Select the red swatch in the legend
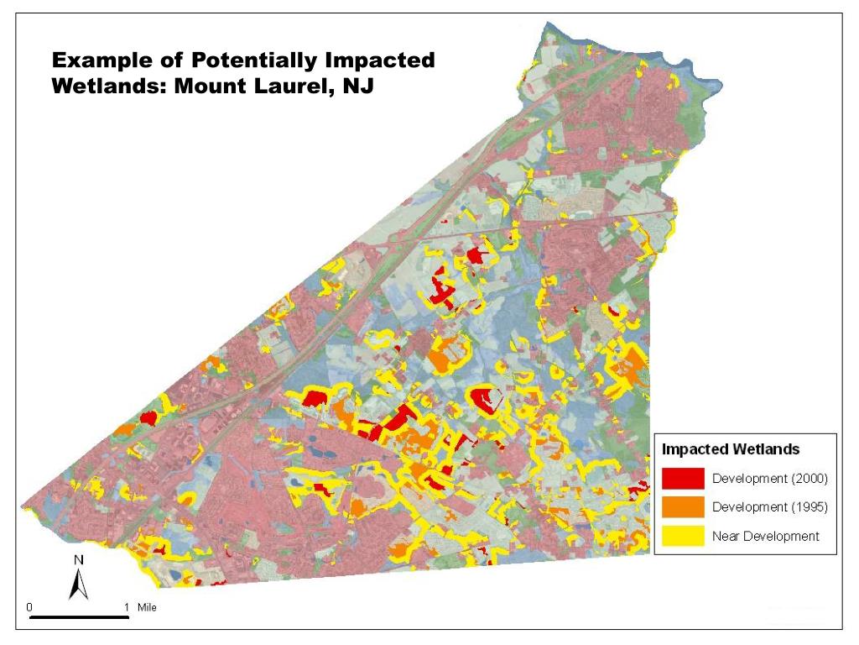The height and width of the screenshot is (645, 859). (x=683, y=479)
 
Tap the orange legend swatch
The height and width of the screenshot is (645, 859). (x=683, y=507)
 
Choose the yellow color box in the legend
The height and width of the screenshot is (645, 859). (x=683, y=536)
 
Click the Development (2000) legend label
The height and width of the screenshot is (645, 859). (x=769, y=480)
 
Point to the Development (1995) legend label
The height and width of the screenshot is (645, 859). (x=769, y=507)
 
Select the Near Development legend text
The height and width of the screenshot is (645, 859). (x=765, y=536)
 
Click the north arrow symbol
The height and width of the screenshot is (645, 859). (x=79, y=584)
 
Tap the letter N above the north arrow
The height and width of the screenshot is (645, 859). (x=79, y=559)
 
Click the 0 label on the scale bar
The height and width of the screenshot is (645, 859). (x=30, y=606)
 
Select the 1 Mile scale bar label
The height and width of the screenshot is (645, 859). (x=139, y=606)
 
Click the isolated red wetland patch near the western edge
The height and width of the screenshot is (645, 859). (x=149, y=417)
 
